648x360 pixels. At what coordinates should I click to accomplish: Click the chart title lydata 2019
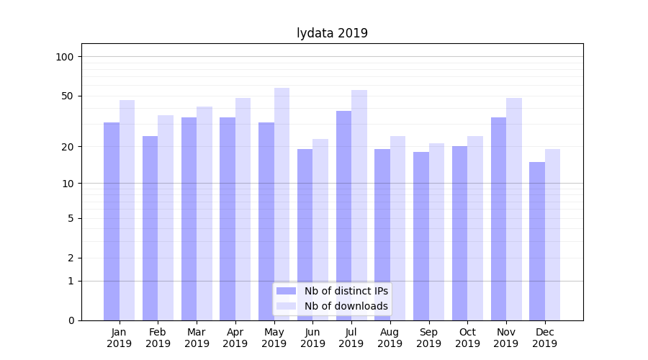tap(332, 33)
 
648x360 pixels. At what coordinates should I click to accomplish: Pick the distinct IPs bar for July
tap(343, 215)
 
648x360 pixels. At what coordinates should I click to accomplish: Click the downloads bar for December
tap(552, 235)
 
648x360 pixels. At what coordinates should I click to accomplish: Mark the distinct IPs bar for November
tap(498, 219)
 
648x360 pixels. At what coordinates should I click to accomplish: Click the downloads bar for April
tap(243, 209)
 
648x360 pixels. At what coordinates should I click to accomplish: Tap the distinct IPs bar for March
tap(189, 219)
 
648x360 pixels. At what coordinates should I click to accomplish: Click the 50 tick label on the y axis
tap(68, 96)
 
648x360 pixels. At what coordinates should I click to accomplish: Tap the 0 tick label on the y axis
tap(71, 320)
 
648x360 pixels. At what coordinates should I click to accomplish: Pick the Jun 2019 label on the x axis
tap(312, 338)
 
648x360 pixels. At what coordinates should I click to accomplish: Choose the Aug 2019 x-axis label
tap(390, 338)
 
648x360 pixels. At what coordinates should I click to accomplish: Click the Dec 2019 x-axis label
tap(544, 338)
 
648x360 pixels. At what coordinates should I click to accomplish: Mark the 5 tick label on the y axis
tap(71, 218)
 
